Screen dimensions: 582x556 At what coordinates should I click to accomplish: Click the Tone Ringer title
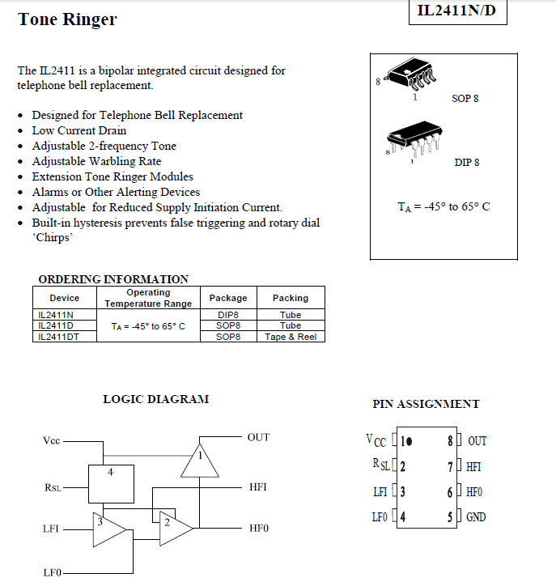pos(67,19)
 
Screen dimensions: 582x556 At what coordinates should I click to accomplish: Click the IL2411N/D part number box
pos(457,11)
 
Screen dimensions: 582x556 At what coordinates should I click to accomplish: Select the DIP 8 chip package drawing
pos(413,139)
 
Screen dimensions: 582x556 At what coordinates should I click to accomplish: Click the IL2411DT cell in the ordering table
pos(59,337)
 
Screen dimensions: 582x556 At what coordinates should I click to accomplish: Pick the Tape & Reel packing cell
pos(291,337)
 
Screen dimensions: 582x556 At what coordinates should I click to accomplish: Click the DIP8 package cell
pos(228,315)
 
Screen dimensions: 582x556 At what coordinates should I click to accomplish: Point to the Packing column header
pos(291,298)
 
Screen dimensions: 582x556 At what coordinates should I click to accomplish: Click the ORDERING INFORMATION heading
pos(113,279)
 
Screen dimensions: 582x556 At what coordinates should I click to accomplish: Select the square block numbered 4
pos(111,484)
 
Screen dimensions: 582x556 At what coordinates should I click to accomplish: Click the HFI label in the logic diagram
pos(258,487)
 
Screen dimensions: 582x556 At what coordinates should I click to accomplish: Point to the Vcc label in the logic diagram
pos(52,441)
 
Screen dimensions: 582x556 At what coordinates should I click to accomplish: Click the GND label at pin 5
pos(476,517)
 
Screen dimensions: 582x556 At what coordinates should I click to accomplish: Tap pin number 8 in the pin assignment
pos(451,441)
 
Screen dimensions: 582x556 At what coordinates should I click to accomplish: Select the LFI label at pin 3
pos(380,491)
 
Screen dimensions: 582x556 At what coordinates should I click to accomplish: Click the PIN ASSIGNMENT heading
pos(426,404)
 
